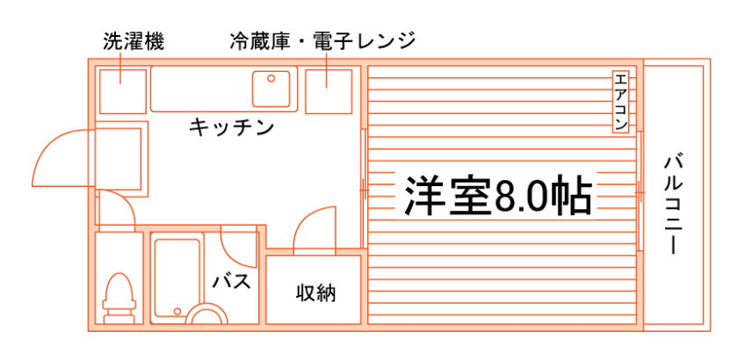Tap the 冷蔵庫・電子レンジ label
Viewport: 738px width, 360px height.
pyautogui.click(x=322, y=40)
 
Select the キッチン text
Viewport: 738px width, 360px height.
pyautogui.click(x=232, y=128)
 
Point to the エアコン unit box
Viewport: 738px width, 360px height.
pyautogui.click(x=620, y=102)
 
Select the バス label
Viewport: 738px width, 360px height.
pyautogui.click(x=232, y=283)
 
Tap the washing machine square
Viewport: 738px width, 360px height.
pyautogui.click(x=120, y=88)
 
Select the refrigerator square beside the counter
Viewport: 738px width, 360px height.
pyautogui.click(x=328, y=90)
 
